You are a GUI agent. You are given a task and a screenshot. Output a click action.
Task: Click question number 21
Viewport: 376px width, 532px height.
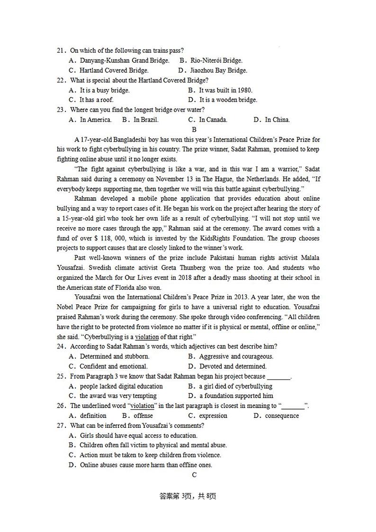(61, 51)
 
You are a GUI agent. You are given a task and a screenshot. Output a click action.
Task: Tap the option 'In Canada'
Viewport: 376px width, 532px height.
(213, 120)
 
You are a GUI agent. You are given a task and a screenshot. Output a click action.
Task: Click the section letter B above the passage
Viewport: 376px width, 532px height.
(194, 129)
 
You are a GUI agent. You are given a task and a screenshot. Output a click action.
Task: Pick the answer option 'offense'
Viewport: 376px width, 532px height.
(143, 416)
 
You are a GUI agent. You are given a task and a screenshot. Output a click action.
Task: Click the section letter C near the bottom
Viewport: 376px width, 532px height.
(194, 475)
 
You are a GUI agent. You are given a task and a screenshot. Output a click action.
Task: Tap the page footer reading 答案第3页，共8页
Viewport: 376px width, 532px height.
(188, 497)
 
